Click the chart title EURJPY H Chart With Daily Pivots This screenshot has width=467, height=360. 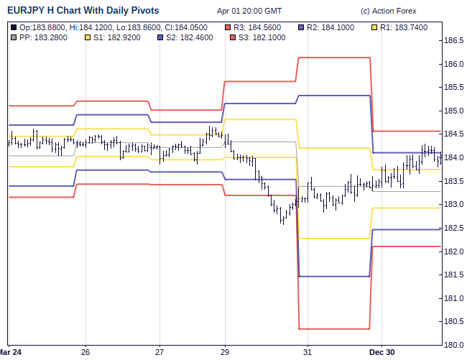(x=83, y=11)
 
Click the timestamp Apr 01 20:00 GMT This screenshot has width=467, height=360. (x=249, y=11)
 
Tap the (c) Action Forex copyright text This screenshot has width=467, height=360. (x=389, y=11)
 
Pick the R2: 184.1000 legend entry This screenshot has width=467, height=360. (x=332, y=27)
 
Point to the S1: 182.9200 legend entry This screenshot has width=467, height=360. (x=114, y=36)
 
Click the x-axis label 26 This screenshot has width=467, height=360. (x=85, y=352)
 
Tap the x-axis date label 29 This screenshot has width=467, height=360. (x=225, y=352)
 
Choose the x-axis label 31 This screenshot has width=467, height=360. (x=307, y=352)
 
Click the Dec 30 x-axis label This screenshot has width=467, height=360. (x=382, y=352)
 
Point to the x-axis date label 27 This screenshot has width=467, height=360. (x=159, y=352)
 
